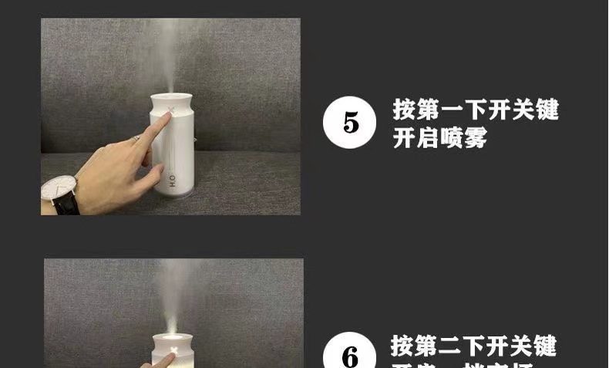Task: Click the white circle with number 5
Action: click(x=350, y=122)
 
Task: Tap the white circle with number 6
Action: click(x=350, y=356)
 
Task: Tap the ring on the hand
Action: click(x=136, y=138)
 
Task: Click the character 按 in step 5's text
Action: click(x=405, y=109)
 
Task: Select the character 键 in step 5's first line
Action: click(x=547, y=109)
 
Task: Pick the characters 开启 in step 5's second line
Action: click(x=416, y=139)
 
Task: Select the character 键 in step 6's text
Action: click(x=545, y=345)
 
